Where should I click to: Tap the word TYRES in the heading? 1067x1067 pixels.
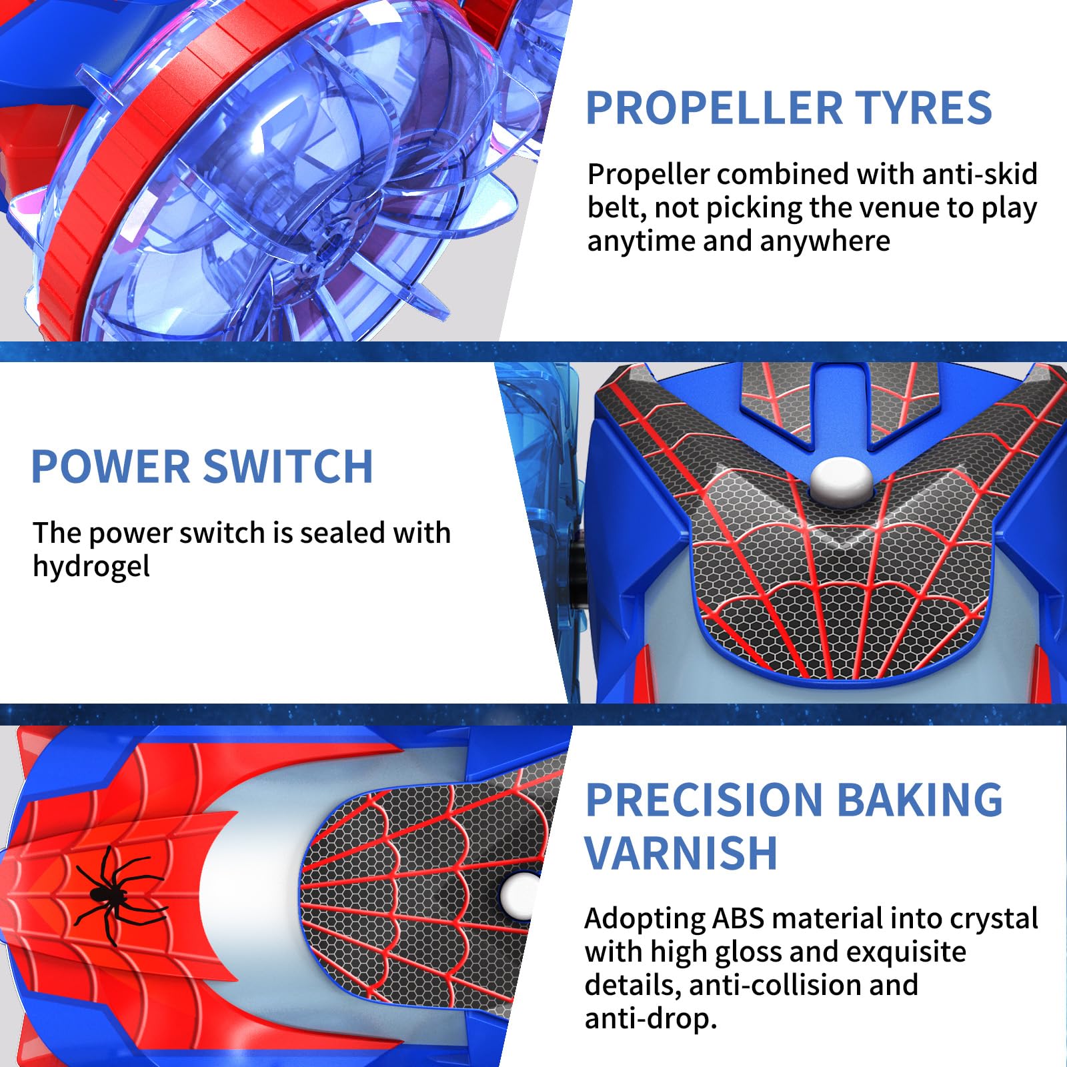[x=924, y=108]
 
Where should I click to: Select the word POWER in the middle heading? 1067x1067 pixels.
[x=111, y=466]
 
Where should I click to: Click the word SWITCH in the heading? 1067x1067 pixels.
[x=287, y=466]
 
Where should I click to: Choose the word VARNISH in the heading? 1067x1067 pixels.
[x=682, y=853]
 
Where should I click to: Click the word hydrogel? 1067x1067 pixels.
[x=91, y=568]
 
